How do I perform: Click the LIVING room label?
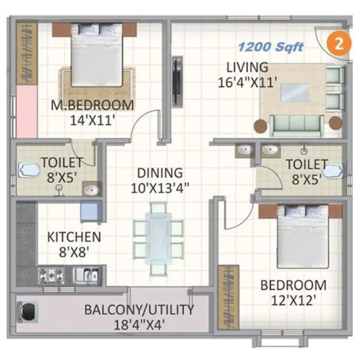click(247, 67)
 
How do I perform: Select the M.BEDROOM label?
click(92, 106)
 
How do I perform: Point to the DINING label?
click(159, 173)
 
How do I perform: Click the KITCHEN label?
click(73, 237)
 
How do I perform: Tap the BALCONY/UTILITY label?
click(139, 310)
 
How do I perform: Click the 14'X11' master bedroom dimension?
click(92, 120)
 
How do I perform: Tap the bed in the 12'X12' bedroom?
click(302, 236)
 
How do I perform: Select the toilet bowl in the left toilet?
click(27, 170)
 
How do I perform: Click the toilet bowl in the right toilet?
click(332, 171)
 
